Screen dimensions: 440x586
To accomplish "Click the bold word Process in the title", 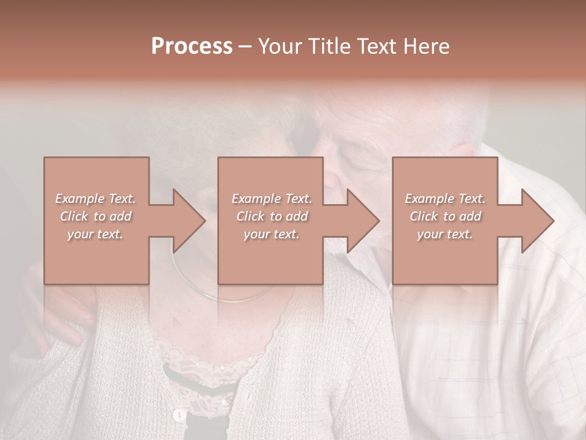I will click(x=192, y=46).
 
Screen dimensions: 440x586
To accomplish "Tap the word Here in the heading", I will click(x=425, y=46).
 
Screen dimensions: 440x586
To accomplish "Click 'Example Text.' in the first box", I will click(x=95, y=199).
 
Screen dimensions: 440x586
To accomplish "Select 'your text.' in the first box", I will click(x=95, y=234).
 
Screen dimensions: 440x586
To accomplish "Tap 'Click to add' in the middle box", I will click(x=272, y=216).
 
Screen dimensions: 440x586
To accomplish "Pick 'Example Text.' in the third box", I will click(x=445, y=199).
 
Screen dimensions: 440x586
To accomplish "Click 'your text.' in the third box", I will click(x=445, y=234).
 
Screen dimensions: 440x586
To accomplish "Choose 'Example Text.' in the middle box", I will click(x=272, y=199).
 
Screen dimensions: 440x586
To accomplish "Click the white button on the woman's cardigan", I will click(x=179, y=416).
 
